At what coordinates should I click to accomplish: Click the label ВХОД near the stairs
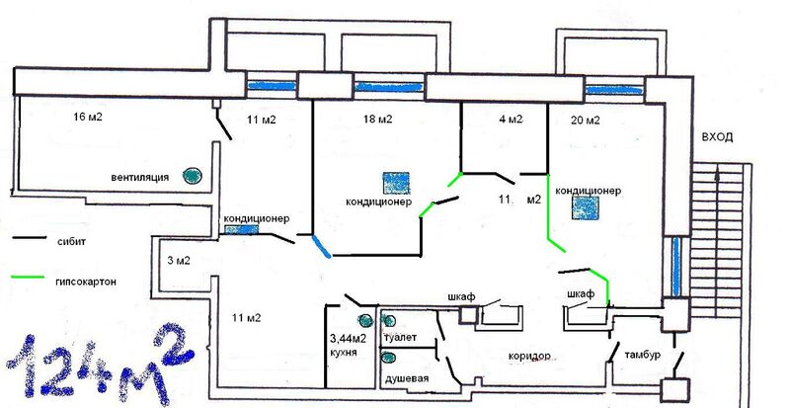716,137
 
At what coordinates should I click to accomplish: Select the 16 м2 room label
89,117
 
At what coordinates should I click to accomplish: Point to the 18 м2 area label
378,121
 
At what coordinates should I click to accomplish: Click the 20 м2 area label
586,121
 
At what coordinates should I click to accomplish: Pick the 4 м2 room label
511,121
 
